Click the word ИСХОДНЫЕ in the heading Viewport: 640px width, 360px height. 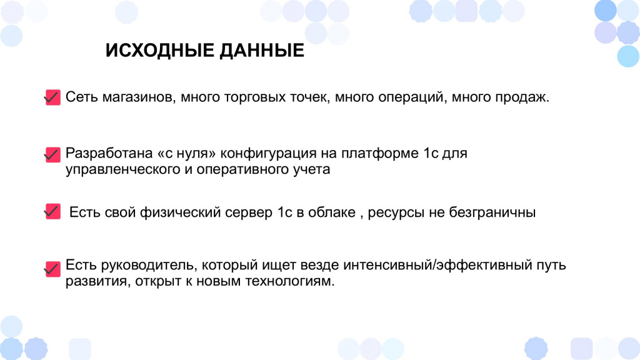(x=159, y=50)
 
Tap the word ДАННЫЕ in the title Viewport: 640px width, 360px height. (x=262, y=50)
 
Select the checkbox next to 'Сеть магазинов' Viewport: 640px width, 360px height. (x=52, y=97)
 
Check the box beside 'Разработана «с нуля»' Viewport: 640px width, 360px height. (x=52, y=155)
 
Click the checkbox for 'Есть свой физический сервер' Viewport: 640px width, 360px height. (x=52, y=211)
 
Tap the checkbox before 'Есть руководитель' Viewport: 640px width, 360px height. (x=52, y=269)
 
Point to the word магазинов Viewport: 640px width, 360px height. (x=139, y=97)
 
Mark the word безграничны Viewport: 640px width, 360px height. (x=492, y=212)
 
